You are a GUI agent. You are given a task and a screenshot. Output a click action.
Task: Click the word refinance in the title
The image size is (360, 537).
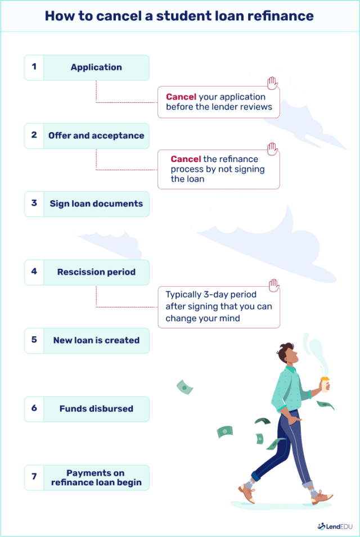(x=281, y=15)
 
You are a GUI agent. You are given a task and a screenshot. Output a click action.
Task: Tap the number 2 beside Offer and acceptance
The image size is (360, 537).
(x=34, y=136)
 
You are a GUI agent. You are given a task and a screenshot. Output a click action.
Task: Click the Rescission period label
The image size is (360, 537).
(x=96, y=272)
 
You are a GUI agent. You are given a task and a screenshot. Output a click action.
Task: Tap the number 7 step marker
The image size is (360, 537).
(x=34, y=477)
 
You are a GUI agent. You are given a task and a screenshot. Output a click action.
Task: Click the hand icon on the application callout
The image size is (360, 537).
(x=273, y=84)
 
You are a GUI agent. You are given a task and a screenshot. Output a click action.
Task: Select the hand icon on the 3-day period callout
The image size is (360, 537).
(x=273, y=285)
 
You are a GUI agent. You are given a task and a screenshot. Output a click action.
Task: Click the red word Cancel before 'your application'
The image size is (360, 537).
(x=181, y=97)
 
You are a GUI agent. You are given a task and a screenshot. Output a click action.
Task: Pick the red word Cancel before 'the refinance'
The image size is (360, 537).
(x=186, y=159)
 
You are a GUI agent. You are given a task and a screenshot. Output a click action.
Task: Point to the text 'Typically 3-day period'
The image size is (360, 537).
(x=211, y=295)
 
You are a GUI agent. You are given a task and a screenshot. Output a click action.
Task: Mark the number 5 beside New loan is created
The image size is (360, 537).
(x=34, y=340)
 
